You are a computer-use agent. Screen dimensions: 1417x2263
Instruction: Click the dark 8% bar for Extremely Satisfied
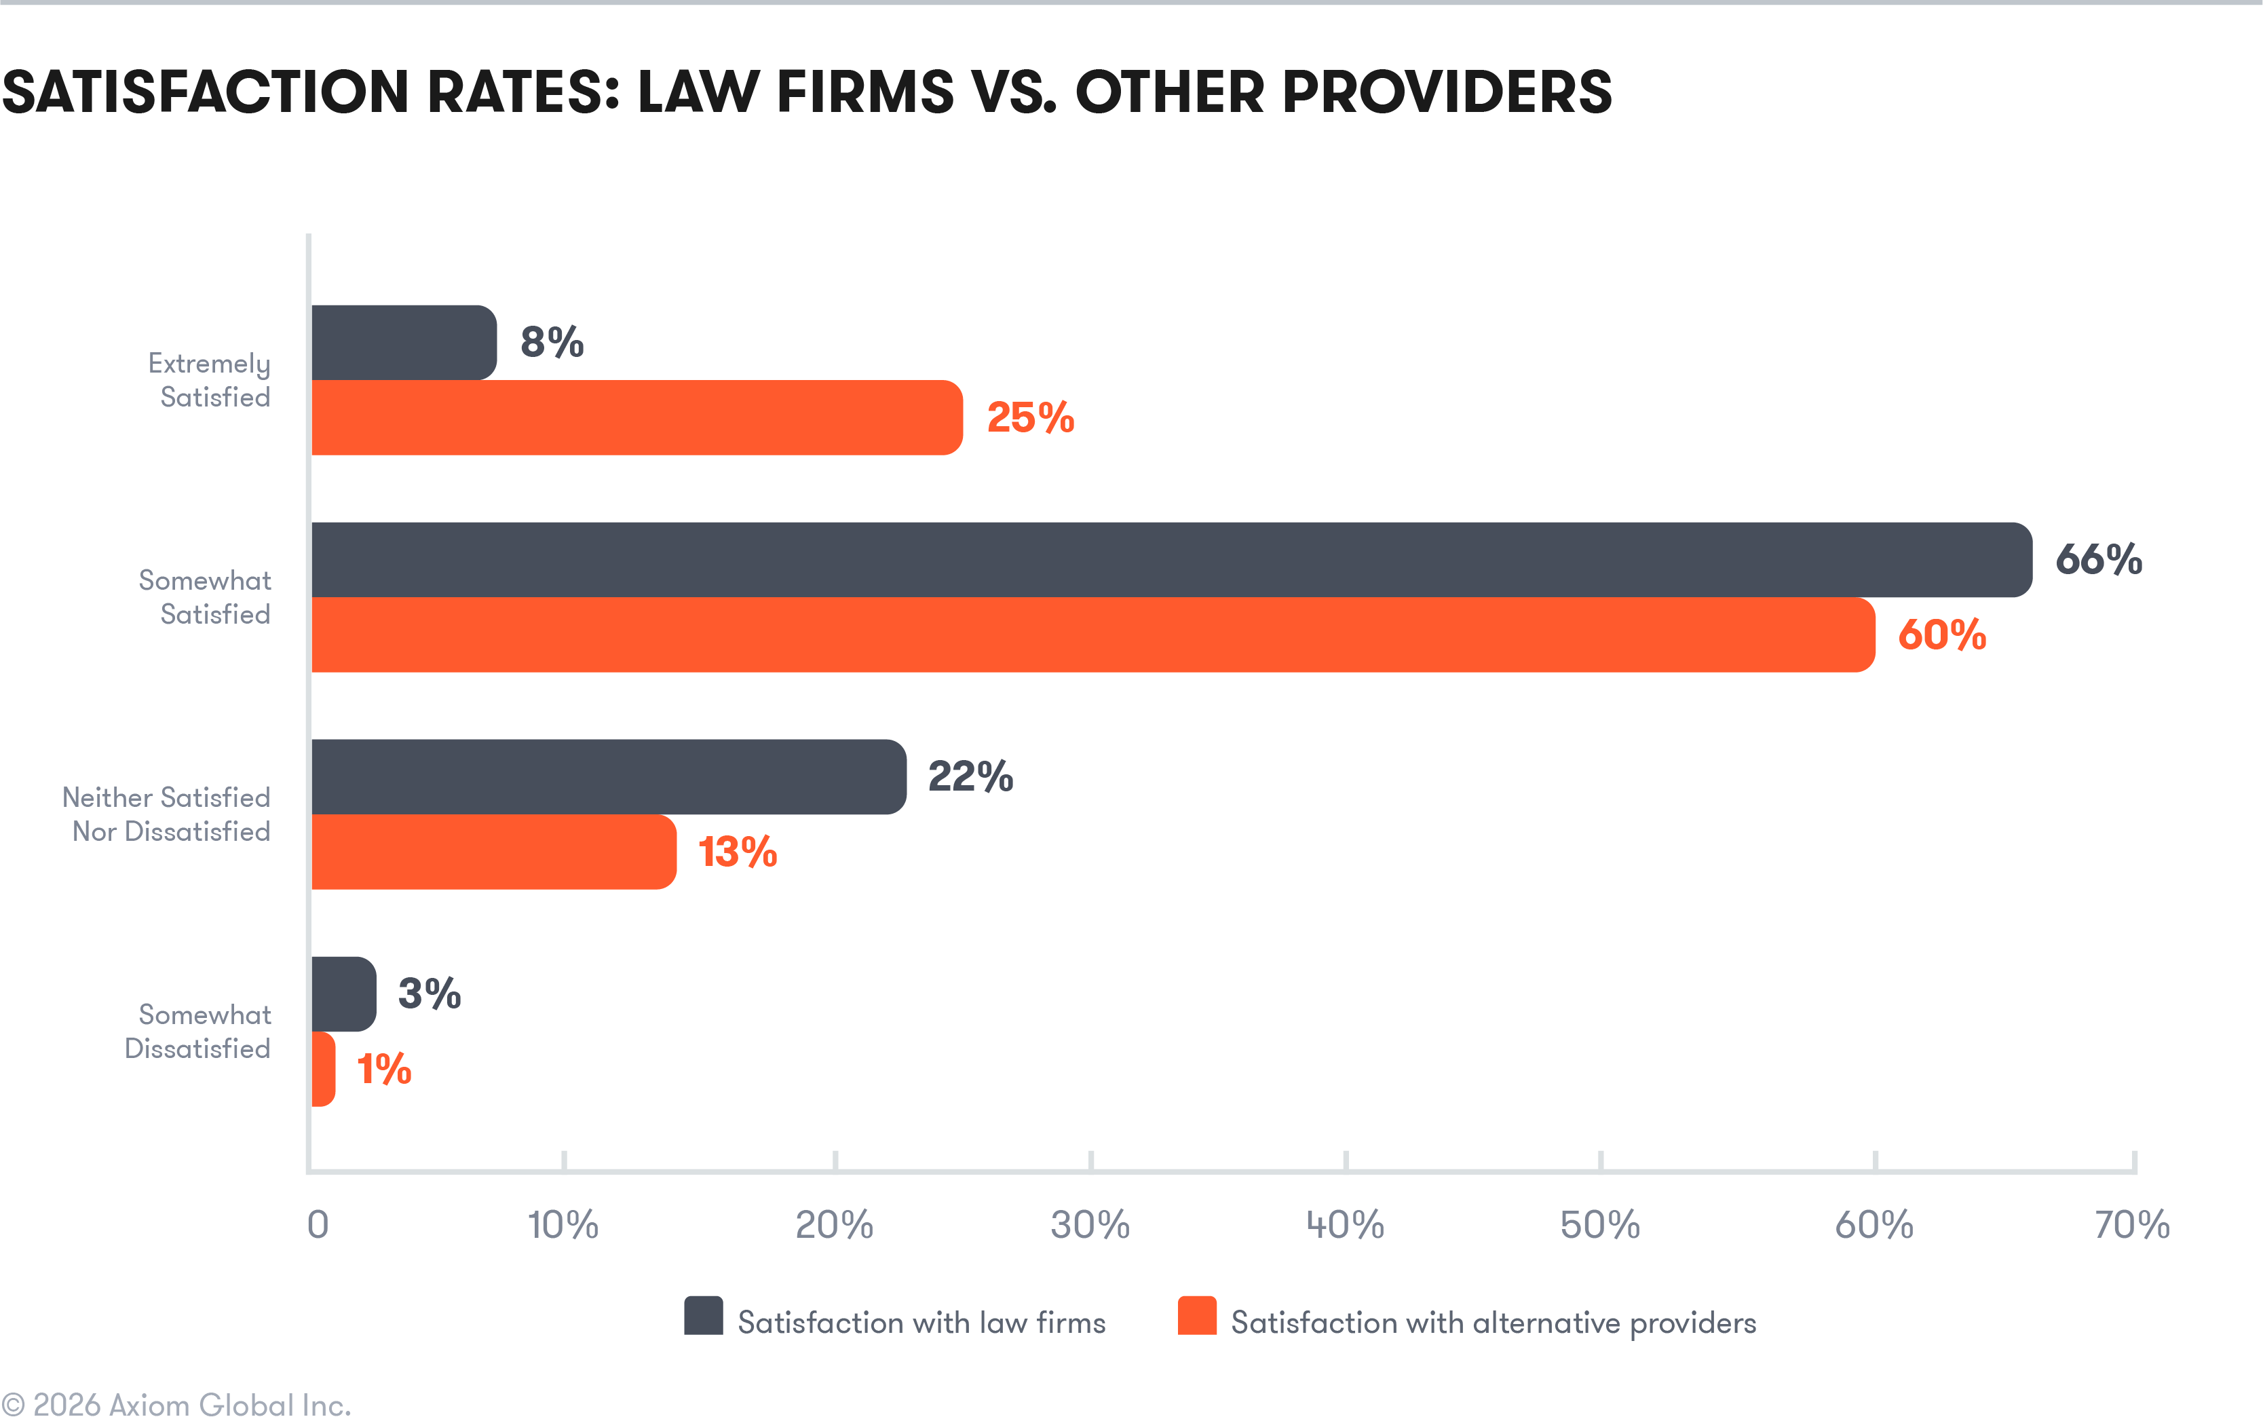[x=403, y=342]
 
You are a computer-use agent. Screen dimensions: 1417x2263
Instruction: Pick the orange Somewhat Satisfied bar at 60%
[x=1092, y=635]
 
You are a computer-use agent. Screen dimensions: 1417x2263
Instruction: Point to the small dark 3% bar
[x=343, y=994]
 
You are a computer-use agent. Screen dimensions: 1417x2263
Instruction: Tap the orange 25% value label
[x=1030, y=418]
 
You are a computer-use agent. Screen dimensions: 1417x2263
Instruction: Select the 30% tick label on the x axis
[x=1090, y=1225]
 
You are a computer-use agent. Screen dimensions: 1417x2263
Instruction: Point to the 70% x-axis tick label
[x=2132, y=1225]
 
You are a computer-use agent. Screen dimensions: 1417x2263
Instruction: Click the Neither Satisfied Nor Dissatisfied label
[x=167, y=814]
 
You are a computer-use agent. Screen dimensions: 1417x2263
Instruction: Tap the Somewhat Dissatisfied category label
[x=199, y=1031]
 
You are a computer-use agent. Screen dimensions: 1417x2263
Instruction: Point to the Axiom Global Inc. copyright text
[x=178, y=1403]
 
